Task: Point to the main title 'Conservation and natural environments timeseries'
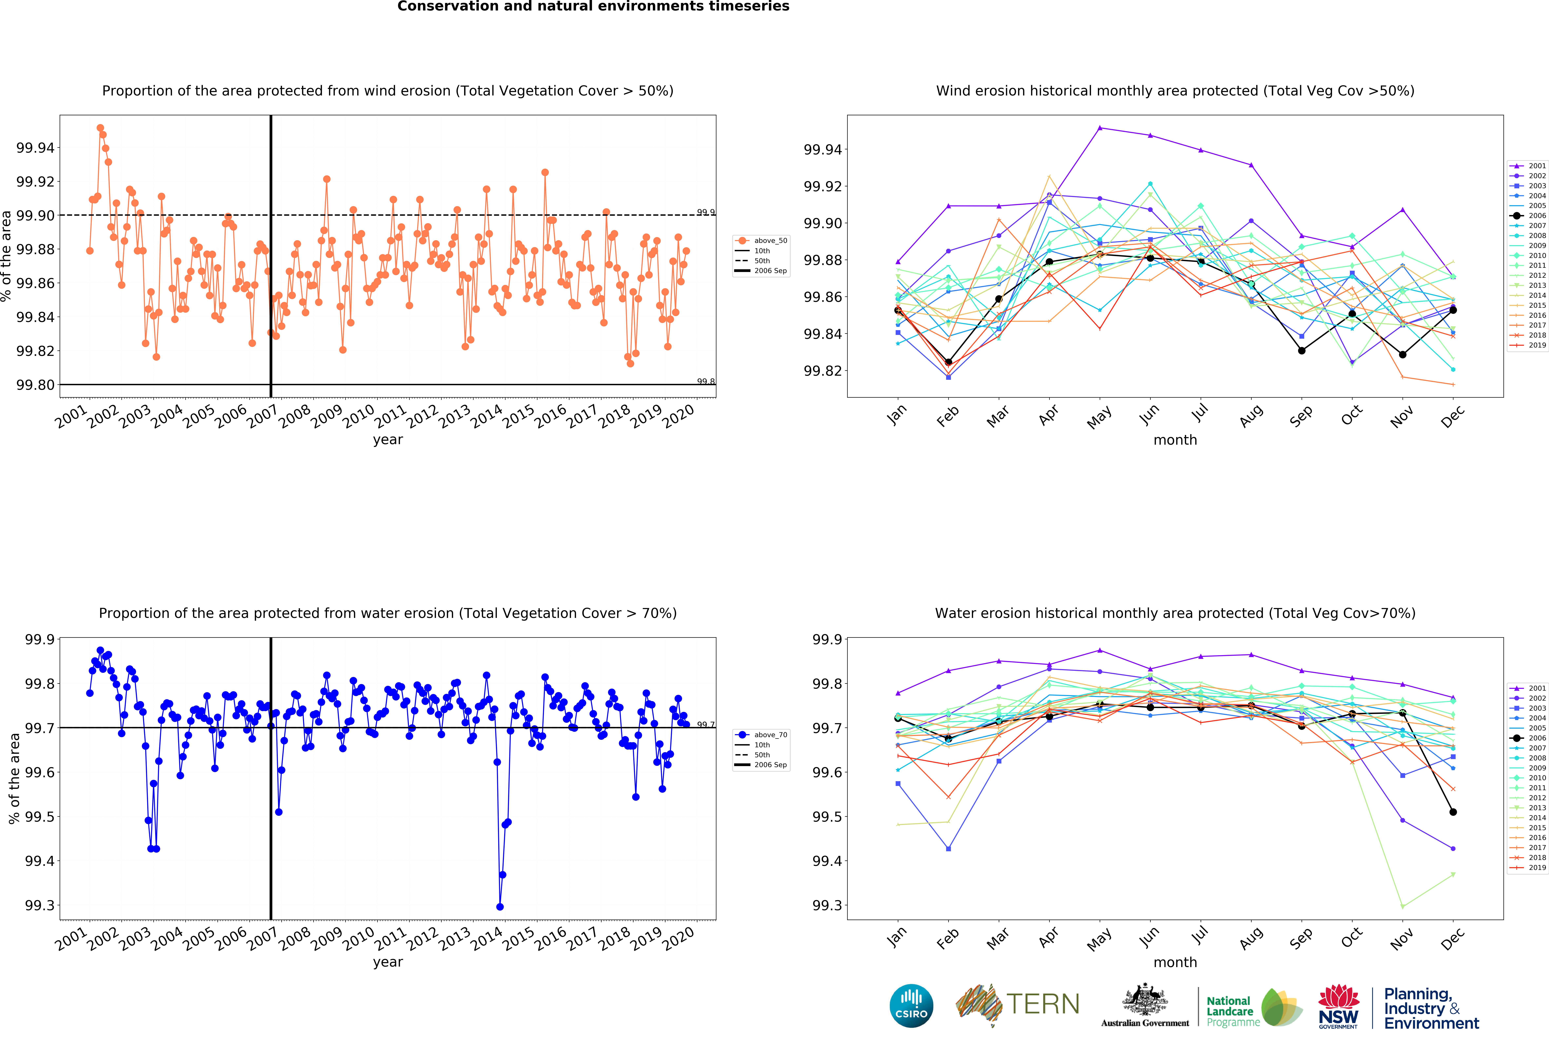pyautogui.click(x=593, y=7)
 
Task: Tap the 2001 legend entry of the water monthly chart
pyautogui.click(x=1527, y=688)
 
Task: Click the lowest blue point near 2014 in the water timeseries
pyautogui.click(x=500, y=907)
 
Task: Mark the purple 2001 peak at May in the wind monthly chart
pyautogui.click(x=1100, y=127)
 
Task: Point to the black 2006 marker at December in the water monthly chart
pyautogui.click(x=1453, y=812)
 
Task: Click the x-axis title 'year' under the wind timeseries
pyautogui.click(x=388, y=440)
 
